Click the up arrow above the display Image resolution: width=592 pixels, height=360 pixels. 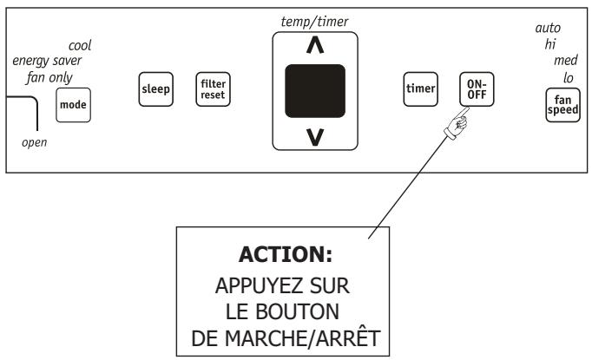[x=315, y=47]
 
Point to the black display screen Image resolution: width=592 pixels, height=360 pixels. [x=315, y=91]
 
